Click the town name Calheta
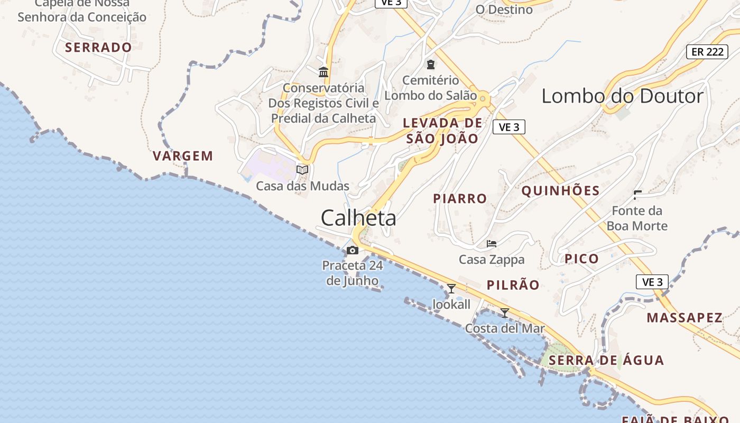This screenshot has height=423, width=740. pyautogui.click(x=358, y=217)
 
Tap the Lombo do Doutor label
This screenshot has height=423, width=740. pyautogui.click(x=623, y=96)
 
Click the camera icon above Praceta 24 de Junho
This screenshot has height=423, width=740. pyautogui.click(x=353, y=250)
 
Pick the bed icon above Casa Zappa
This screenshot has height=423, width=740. pyautogui.click(x=492, y=244)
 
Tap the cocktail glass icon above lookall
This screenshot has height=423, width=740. pyautogui.click(x=451, y=289)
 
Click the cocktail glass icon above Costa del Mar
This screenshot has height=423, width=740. pyautogui.click(x=505, y=312)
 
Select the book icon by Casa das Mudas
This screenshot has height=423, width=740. pyautogui.click(x=302, y=170)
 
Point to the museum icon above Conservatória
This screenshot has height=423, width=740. pyautogui.click(x=323, y=72)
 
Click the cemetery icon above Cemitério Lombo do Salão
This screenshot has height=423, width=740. pyautogui.click(x=431, y=65)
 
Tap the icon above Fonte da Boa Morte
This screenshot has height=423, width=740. pyautogui.click(x=637, y=195)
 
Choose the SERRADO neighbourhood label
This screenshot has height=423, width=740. pyautogui.click(x=98, y=48)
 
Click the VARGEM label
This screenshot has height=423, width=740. pyautogui.click(x=183, y=156)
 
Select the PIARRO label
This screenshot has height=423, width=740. pyautogui.click(x=460, y=199)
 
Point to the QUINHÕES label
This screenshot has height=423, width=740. pyautogui.click(x=560, y=191)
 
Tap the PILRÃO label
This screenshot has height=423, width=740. pyautogui.click(x=513, y=285)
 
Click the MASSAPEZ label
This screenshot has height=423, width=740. pyautogui.click(x=684, y=318)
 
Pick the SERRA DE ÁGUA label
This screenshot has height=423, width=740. pyautogui.click(x=606, y=361)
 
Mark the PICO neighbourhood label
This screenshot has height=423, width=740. pyautogui.click(x=581, y=259)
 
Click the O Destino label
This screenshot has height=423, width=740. pyautogui.click(x=504, y=10)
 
